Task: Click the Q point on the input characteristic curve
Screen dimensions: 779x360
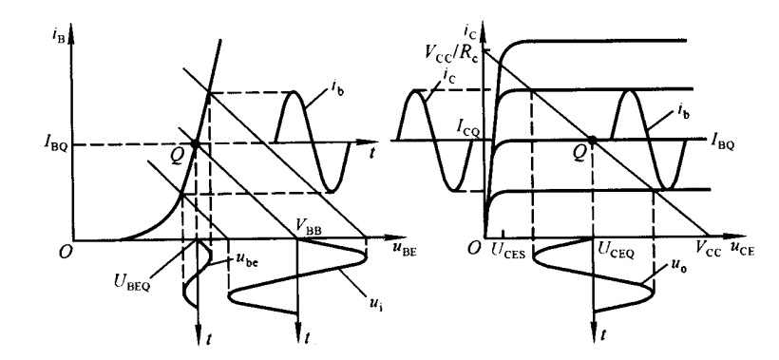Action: point(195,144)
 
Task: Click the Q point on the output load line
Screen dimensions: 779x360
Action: point(592,140)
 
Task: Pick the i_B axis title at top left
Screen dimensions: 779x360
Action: point(57,37)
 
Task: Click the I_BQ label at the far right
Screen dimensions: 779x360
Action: point(722,145)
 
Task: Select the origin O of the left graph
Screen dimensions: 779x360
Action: point(66,252)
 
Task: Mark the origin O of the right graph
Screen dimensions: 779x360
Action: point(475,248)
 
